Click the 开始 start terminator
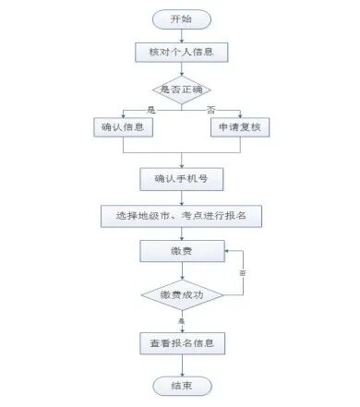tap(181, 19)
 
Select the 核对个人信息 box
tap(181, 52)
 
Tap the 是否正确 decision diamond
tap(181, 90)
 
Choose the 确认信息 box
tap(123, 128)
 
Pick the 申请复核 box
tap(239, 128)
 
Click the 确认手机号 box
tap(181, 177)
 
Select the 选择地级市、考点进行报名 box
tap(181, 215)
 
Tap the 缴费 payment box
tap(181, 251)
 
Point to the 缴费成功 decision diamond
tap(181, 295)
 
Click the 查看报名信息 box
tap(181, 344)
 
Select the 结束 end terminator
tap(181, 386)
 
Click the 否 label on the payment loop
tap(243, 274)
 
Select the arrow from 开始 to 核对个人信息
tap(181, 35)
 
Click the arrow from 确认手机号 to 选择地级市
tap(181, 196)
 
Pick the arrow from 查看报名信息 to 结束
tap(181, 365)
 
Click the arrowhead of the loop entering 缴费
tap(228, 250)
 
